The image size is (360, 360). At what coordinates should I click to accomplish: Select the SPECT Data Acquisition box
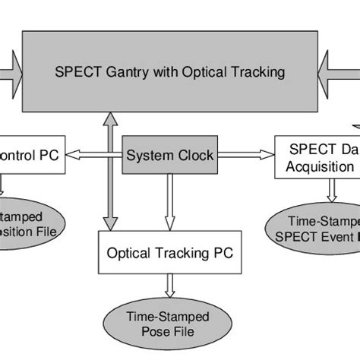click(x=317, y=157)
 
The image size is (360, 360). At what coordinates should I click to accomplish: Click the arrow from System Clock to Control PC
click(x=94, y=156)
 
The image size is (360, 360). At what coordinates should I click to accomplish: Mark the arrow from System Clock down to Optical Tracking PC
click(x=168, y=202)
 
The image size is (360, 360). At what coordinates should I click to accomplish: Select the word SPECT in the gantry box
click(x=78, y=73)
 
